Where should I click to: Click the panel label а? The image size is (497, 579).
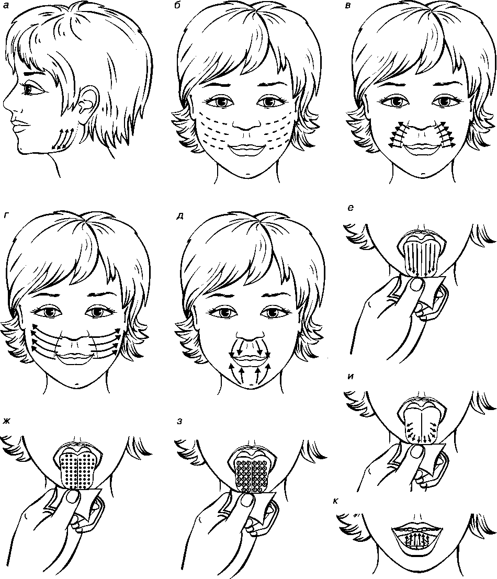coord(6,6)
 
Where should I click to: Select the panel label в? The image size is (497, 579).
coord(347,6)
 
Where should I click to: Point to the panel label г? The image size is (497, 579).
coord(6,217)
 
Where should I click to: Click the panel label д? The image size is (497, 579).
coord(180,217)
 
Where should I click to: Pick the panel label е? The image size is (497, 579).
coord(351,208)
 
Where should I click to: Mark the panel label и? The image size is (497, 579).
coord(351,377)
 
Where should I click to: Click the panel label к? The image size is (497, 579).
coord(347,501)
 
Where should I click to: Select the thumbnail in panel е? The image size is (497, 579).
coord(419,285)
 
